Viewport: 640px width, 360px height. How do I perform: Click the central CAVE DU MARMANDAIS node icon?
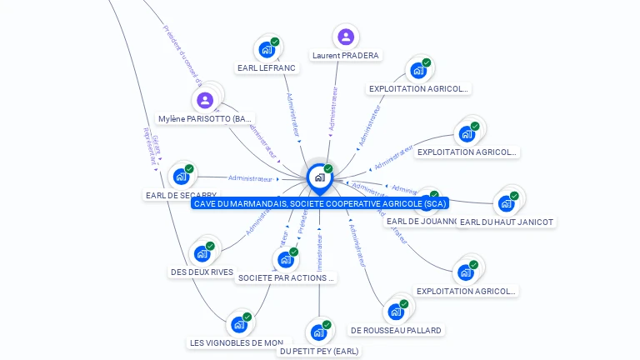319,177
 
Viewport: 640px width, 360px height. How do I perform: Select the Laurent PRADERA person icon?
346,37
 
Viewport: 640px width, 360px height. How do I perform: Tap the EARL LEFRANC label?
266,68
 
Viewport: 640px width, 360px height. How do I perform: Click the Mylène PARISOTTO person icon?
205,100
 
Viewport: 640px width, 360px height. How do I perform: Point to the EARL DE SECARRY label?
181,196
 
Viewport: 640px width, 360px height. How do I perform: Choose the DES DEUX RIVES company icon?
202,253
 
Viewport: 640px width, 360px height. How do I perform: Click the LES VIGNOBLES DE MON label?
237,342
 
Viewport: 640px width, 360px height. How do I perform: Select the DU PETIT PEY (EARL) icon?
318,332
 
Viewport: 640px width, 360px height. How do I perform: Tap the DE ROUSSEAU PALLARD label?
396,330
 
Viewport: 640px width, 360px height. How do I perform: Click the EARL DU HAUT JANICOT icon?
506,203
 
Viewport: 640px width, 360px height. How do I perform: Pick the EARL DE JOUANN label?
421,222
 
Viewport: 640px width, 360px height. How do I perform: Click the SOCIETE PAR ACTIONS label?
287,277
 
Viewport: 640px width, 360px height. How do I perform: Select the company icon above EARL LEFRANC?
267,49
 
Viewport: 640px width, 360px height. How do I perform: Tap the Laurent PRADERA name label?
346,56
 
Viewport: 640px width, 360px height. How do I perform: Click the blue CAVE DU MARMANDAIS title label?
320,203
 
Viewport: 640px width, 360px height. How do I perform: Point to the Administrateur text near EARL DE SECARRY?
250,178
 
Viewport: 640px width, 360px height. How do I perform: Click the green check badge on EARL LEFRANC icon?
275,42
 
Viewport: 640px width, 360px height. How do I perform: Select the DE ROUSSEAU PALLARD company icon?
396,312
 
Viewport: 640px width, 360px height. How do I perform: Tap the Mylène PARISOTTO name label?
205,119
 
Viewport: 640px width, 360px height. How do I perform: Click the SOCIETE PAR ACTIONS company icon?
285,259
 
